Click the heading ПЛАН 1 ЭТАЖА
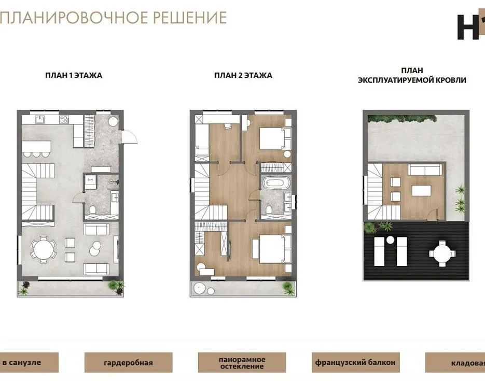(74, 75)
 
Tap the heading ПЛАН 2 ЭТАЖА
(243, 75)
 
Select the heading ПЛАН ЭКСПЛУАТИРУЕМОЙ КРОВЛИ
(412, 75)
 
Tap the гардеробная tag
(128, 362)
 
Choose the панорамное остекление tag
(242, 362)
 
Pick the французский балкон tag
(356, 362)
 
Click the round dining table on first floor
(44, 249)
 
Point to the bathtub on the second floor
(276, 183)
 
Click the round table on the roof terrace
(442, 253)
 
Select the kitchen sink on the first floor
(40, 119)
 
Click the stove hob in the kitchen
(64, 119)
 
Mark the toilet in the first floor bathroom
(92, 210)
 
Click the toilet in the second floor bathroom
(269, 210)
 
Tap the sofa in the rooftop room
(425, 170)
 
